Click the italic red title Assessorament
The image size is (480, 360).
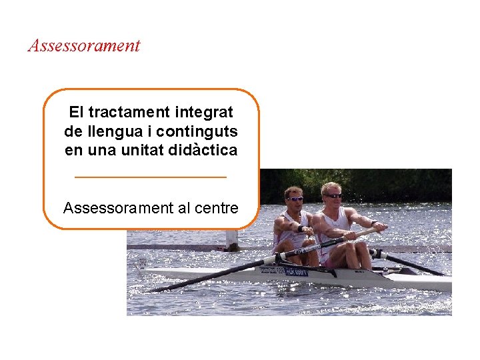[x=84, y=46]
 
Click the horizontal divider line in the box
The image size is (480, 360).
[x=151, y=177]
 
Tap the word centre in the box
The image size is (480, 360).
[x=217, y=208]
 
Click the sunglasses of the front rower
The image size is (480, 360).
[x=295, y=199]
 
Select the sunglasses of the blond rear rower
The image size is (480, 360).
[x=333, y=196]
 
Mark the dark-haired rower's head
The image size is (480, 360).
[x=293, y=196]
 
